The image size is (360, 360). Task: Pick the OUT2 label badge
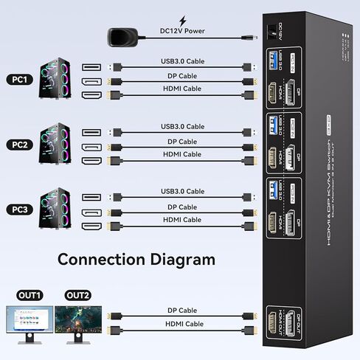[x=78, y=296]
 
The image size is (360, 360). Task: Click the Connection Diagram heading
[x=136, y=260]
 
